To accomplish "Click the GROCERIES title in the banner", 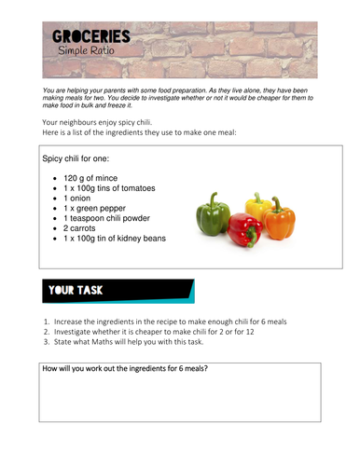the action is [x=90, y=38].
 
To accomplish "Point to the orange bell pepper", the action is [x=278, y=219].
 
